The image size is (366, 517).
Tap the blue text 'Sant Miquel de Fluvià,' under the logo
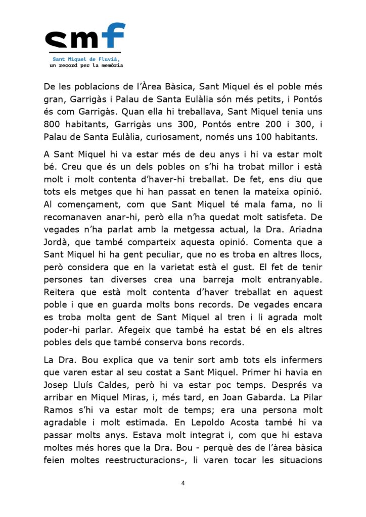click(85, 59)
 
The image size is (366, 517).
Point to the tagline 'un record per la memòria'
click(85, 65)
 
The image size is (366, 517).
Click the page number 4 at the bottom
click(183, 483)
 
